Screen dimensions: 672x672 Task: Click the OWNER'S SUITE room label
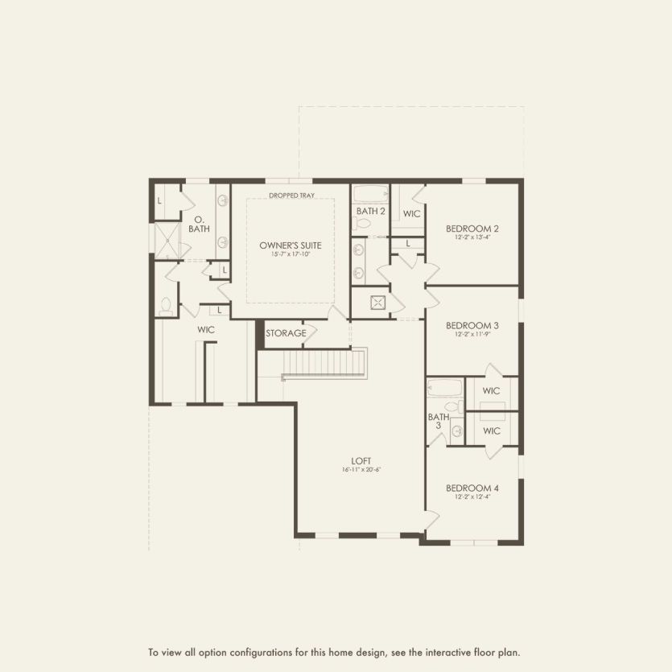click(x=285, y=245)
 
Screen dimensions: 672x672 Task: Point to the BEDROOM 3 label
click(x=473, y=325)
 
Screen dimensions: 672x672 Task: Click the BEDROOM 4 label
click(x=473, y=488)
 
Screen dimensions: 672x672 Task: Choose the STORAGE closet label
click(x=286, y=332)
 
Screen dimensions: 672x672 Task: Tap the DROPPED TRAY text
click(x=291, y=195)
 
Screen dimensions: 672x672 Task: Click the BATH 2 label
click(x=370, y=212)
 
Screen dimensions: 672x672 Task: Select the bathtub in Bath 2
click(x=370, y=194)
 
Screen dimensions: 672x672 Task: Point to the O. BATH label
click(x=199, y=225)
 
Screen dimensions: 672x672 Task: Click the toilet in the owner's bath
click(x=166, y=305)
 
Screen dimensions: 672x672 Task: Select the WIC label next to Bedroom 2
click(x=412, y=214)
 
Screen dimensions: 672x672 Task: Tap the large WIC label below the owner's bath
click(x=205, y=329)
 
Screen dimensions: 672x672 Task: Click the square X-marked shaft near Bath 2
click(x=378, y=303)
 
